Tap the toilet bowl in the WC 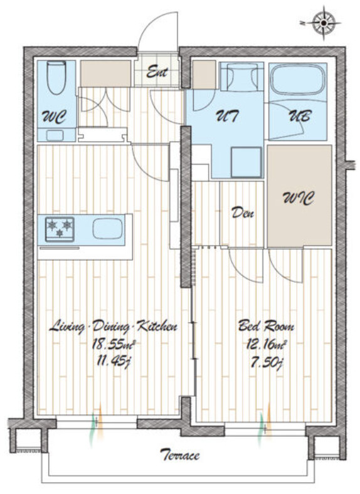56,78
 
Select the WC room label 54,117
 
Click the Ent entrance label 157,73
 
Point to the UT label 226,116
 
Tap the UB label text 300,116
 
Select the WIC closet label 298,199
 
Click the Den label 243,213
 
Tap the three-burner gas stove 60,229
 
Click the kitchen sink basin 107,229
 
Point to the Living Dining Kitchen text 113,327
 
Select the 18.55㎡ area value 114,345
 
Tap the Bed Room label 266,326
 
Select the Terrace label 179,455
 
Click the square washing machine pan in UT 246,162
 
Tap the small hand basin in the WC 55,135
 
